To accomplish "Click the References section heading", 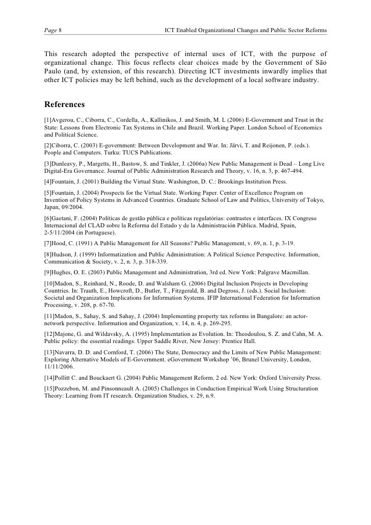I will [64, 105].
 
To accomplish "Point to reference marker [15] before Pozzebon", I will [49, 388].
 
